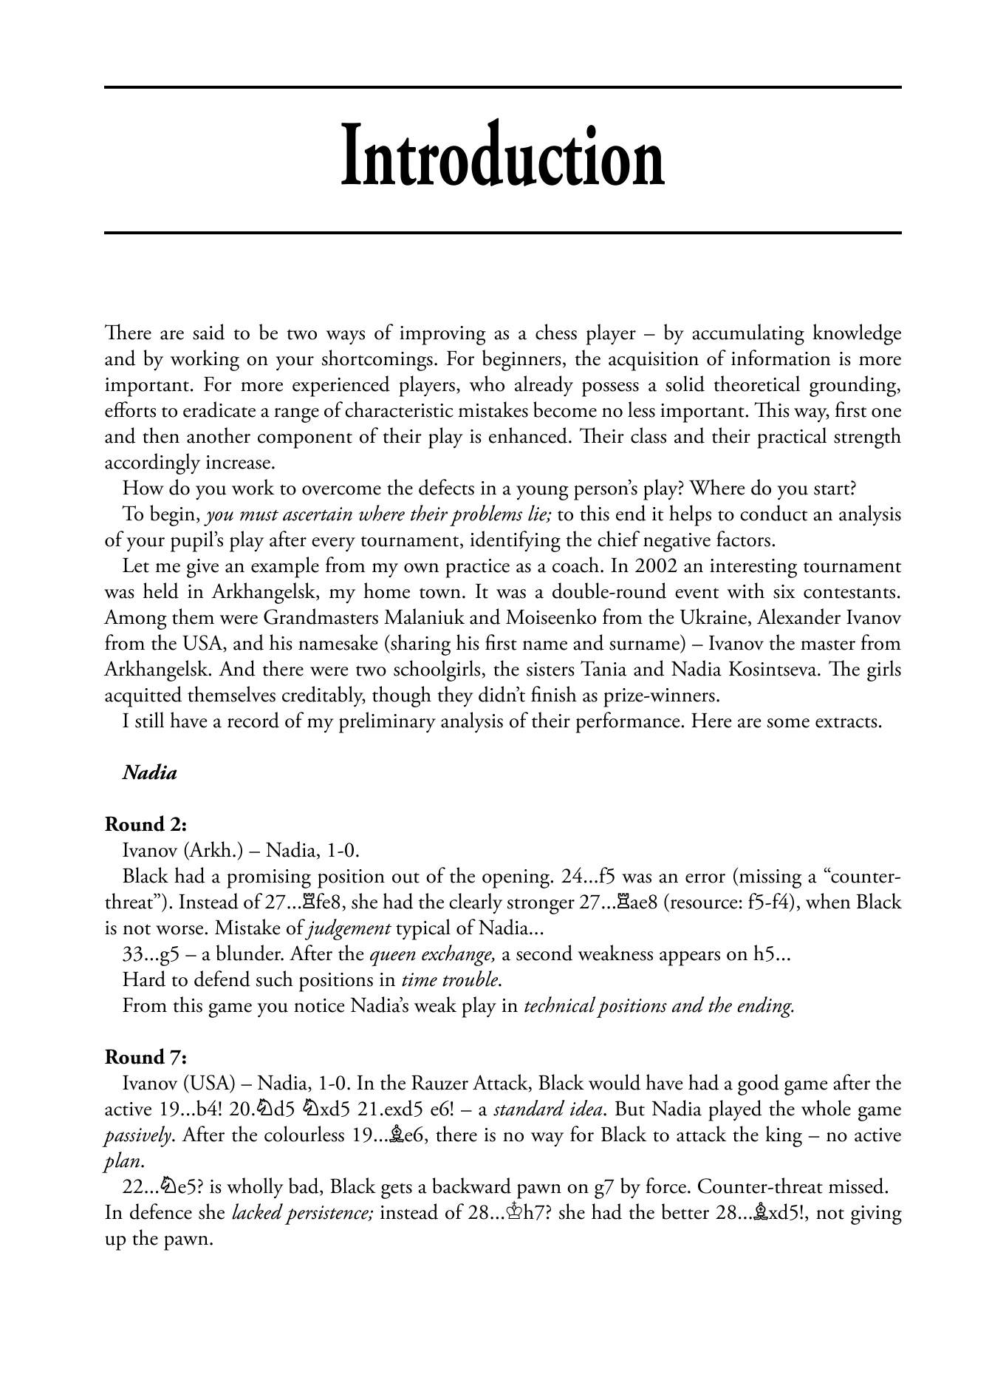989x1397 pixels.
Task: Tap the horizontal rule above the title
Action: tap(502, 88)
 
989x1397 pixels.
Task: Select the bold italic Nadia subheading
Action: tap(150, 773)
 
